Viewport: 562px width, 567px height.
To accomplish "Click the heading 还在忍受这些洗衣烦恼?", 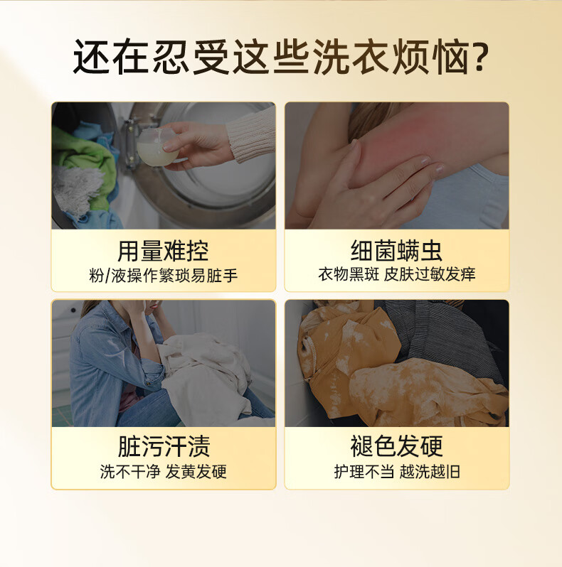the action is (x=280, y=57).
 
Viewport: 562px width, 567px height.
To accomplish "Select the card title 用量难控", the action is (x=163, y=251).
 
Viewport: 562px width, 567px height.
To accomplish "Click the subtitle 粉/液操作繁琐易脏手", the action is (x=164, y=276).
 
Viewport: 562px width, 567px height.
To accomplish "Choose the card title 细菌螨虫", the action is (x=396, y=251).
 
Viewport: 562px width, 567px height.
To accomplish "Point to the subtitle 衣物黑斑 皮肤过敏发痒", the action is (x=397, y=274).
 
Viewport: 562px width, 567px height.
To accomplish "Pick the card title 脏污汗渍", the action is (x=164, y=446).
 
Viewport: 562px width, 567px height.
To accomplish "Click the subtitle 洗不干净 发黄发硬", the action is (x=164, y=472).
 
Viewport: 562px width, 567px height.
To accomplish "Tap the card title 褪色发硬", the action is (x=396, y=446).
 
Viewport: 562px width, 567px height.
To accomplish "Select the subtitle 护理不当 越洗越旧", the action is (x=397, y=472).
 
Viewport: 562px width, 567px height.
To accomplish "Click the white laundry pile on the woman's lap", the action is (x=206, y=376).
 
